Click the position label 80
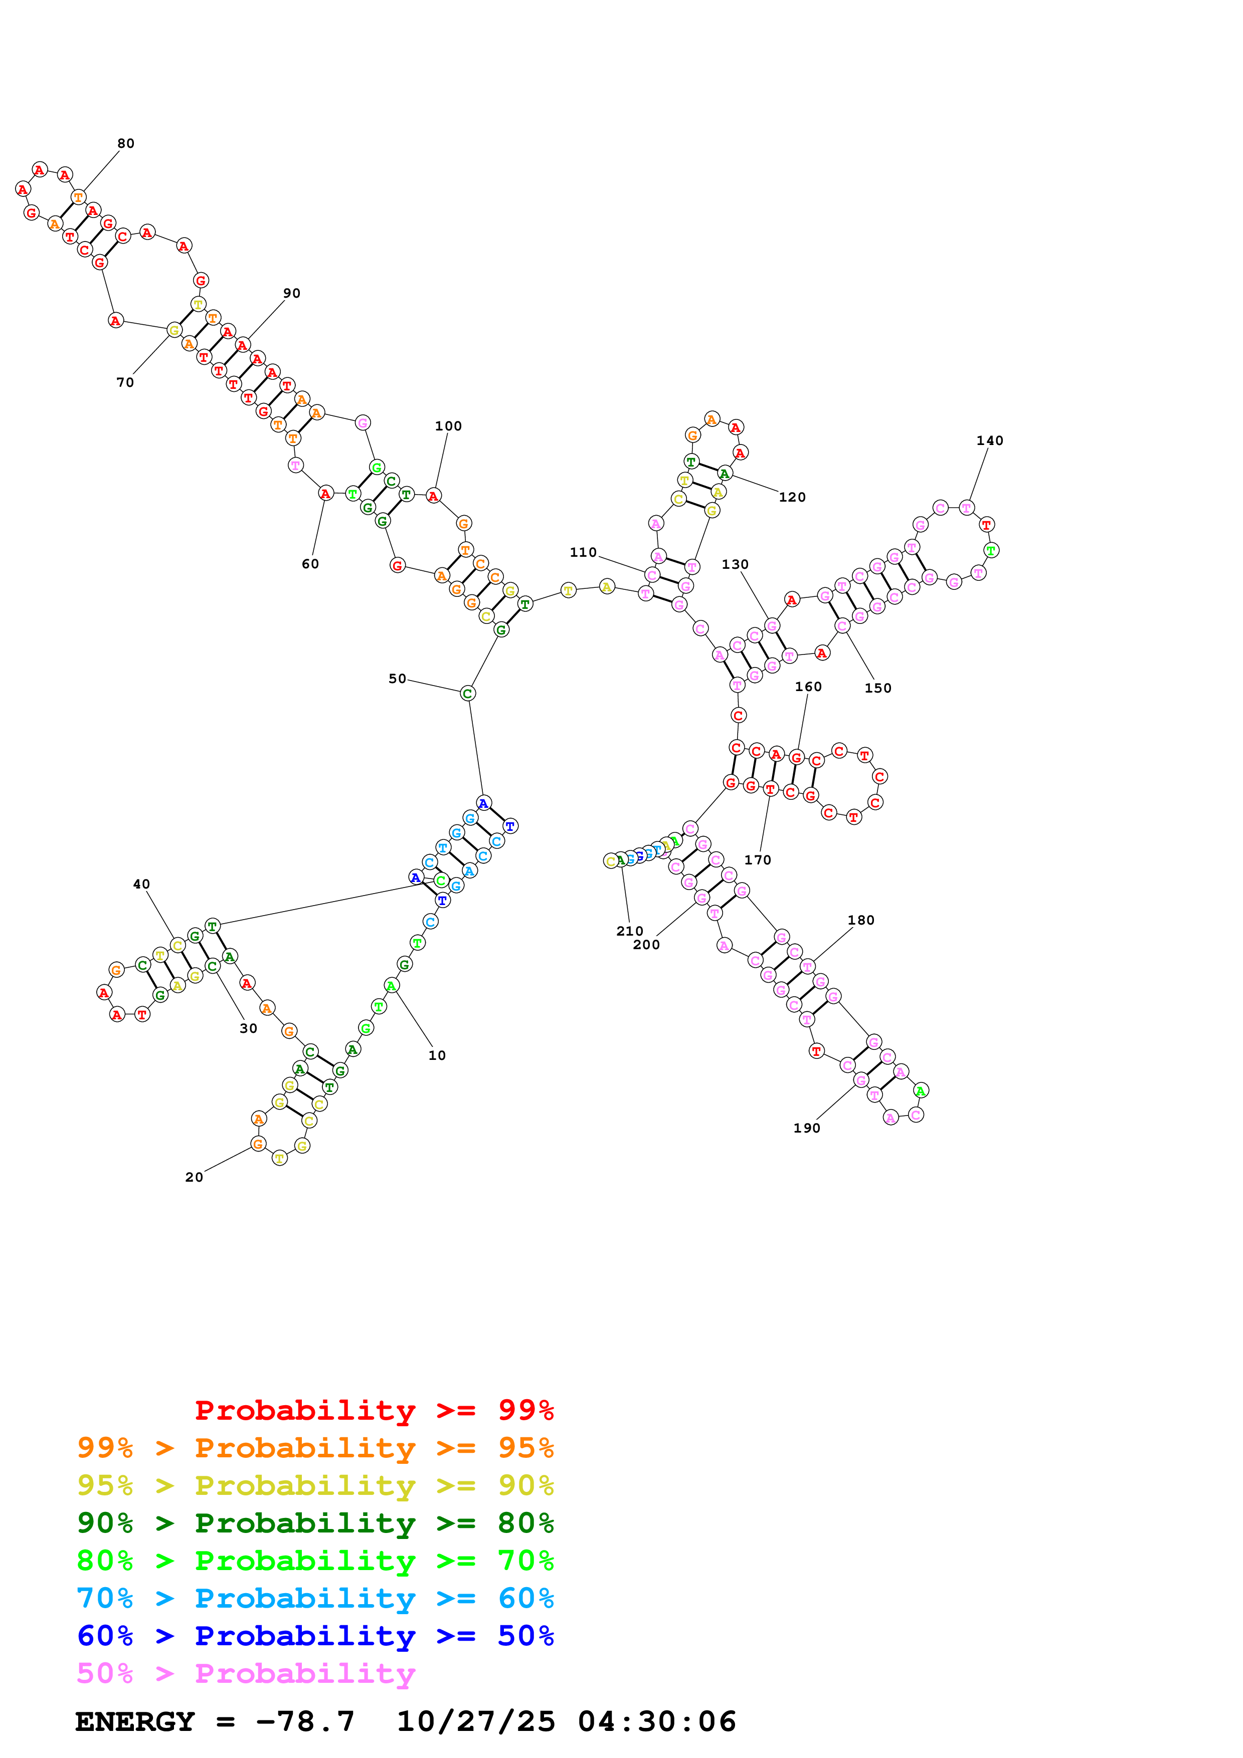(125, 143)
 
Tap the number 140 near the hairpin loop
(989, 441)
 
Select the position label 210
(630, 931)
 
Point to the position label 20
(194, 1177)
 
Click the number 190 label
(806, 1128)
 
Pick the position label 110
(583, 552)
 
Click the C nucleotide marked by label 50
(467, 694)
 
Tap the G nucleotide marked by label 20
(258, 1144)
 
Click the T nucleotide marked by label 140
(967, 508)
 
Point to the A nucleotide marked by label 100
(434, 496)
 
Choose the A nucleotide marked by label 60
(325, 494)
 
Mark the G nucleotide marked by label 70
(174, 330)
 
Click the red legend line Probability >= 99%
(374, 1410)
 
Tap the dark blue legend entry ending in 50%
(315, 1636)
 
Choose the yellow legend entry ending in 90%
(315, 1485)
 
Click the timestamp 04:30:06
(656, 1721)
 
